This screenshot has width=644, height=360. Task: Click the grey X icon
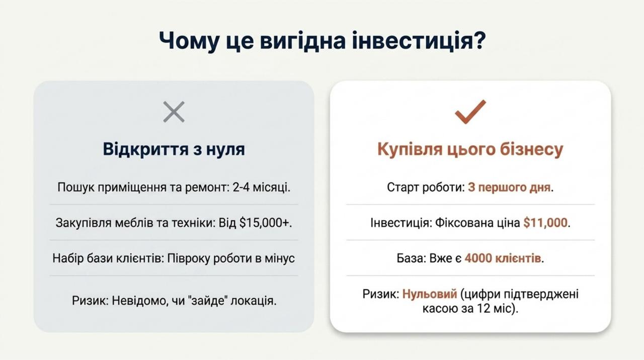(x=174, y=112)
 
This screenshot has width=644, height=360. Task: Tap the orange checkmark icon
(x=470, y=112)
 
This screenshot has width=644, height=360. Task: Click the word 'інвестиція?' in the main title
(x=419, y=41)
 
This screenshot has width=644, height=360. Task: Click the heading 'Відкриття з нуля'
(x=174, y=149)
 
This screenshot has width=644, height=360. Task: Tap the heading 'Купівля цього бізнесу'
(x=470, y=150)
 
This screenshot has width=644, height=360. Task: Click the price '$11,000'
(x=545, y=223)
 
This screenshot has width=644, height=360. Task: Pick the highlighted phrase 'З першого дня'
(x=509, y=187)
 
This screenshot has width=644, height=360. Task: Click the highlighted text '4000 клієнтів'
(x=503, y=258)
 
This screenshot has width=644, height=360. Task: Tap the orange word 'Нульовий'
(x=430, y=294)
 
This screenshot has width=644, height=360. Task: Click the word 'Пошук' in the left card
(x=76, y=187)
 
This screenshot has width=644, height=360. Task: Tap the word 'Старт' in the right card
(x=401, y=187)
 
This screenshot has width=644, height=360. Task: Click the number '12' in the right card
(x=484, y=309)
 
